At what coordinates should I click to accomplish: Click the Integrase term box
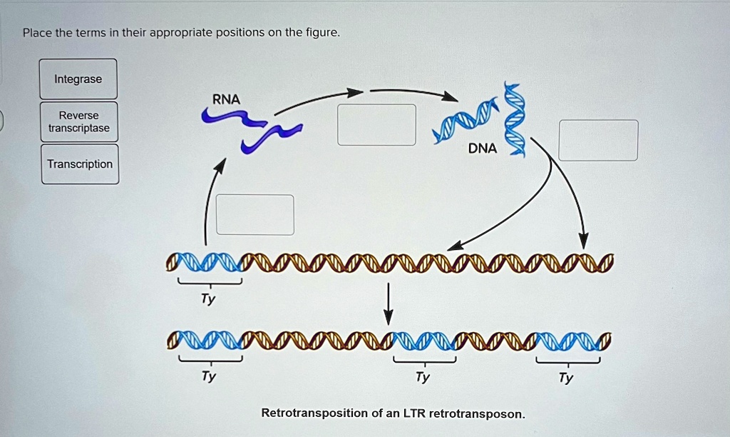[78, 79]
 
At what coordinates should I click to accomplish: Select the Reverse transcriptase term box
[79, 121]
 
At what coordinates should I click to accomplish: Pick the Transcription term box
[80, 164]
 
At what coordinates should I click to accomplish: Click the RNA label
[226, 100]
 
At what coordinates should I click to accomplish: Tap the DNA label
[483, 149]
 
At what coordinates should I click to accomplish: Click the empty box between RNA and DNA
[376, 125]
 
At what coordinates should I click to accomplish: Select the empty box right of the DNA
[598, 140]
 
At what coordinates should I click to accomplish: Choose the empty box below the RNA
[255, 214]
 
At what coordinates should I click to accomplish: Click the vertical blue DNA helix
[515, 118]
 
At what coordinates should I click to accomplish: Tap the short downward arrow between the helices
[389, 303]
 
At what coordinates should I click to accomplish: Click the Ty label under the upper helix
[208, 300]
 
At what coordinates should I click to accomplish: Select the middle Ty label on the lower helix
[423, 377]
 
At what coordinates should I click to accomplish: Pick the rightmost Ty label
[566, 377]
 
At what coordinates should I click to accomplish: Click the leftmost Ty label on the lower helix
[208, 376]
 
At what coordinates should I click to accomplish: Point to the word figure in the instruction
[323, 33]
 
